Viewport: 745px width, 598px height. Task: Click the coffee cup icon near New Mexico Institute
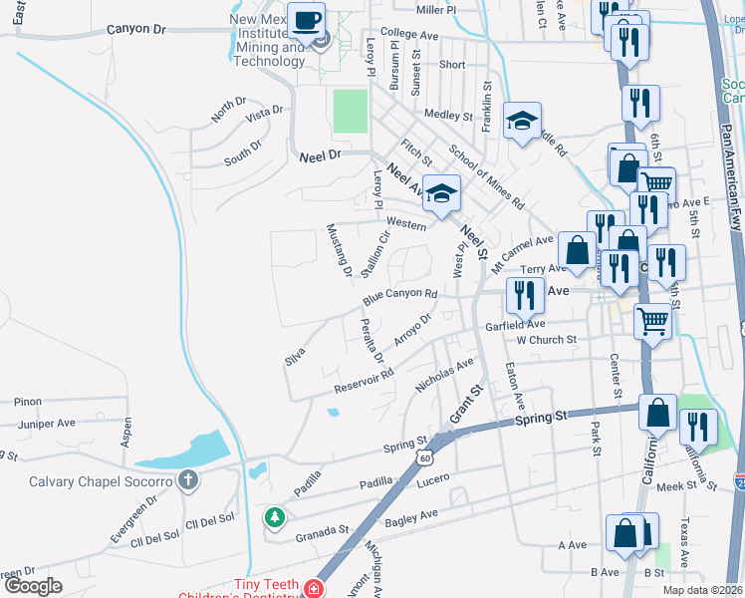[x=307, y=20]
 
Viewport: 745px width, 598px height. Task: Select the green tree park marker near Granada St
[x=274, y=517]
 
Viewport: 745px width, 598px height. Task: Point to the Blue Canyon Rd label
[x=400, y=296]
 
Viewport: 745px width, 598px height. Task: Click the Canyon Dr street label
[x=134, y=31]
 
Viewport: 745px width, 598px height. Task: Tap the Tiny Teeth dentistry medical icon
[x=315, y=589]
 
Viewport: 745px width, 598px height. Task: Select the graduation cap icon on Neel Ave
[x=439, y=193]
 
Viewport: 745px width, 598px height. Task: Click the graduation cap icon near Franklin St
[x=522, y=122]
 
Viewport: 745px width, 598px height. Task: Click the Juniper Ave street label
[x=47, y=423]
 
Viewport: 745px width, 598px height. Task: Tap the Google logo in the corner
[x=33, y=586]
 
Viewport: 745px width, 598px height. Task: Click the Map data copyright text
[x=701, y=590]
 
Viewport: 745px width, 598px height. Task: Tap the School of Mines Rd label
[x=486, y=176]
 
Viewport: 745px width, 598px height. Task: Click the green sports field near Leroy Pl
[x=350, y=111]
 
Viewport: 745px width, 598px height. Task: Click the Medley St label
[x=446, y=116]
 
